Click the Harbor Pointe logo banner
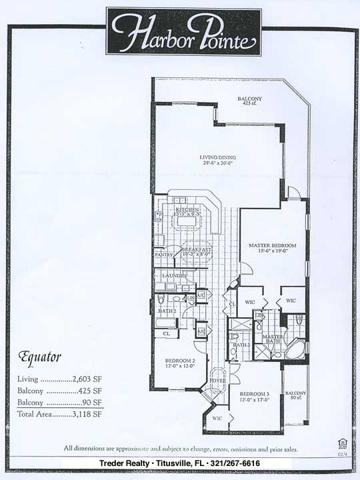click(183, 31)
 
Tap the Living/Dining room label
click(218, 158)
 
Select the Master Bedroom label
click(272, 245)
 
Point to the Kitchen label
click(187, 210)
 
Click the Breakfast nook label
click(197, 249)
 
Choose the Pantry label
click(163, 254)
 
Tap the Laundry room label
click(173, 275)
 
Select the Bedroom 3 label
click(255, 393)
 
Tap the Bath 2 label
click(167, 311)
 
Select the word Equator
click(40, 356)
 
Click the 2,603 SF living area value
click(87, 379)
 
